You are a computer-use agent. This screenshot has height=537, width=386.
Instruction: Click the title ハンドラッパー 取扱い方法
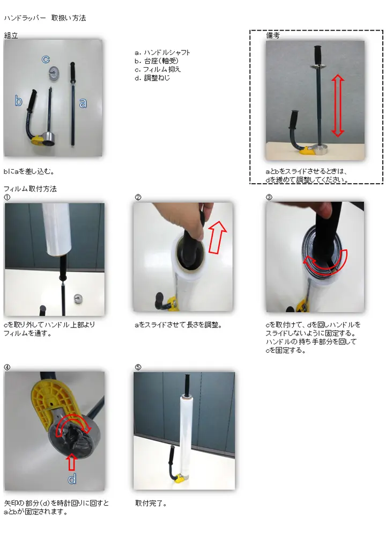coord(45,18)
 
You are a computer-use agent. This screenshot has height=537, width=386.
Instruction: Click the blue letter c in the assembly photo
coord(46,59)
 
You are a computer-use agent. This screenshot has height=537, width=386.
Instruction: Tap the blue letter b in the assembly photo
coord(18,100)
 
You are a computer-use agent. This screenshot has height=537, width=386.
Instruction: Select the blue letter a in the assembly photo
coord(83,103)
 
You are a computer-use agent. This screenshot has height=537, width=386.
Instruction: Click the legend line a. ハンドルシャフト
coord(162,53)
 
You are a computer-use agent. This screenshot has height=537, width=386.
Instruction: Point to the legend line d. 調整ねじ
coord(152,78)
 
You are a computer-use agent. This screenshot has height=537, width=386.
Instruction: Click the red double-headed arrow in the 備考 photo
coord(337,105)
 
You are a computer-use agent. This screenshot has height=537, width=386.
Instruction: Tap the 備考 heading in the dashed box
coord(273,35)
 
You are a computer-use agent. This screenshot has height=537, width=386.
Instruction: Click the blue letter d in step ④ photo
coord(72,478)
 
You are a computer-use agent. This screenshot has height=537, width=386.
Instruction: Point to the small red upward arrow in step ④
coord(71,462)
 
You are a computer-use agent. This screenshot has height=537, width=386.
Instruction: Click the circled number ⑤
coord(138,367)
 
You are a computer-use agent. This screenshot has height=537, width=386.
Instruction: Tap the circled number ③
coord(269,197)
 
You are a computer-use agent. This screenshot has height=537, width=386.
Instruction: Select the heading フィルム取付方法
coord(30,188)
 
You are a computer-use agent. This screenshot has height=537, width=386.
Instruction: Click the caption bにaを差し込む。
coord(29,171)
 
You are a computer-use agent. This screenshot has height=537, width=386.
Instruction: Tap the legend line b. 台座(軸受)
coord(157,61)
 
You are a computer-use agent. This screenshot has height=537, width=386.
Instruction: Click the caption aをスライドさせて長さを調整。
coord(179,325)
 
